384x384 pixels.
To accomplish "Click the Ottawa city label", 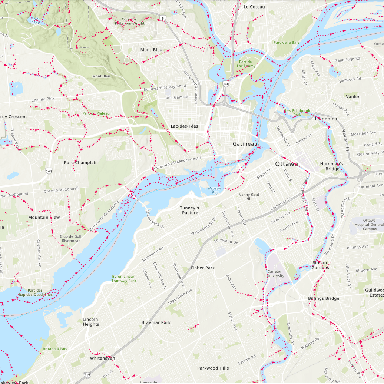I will (286, 164).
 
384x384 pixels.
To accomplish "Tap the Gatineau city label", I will (245, 143).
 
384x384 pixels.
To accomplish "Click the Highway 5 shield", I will (163, 18).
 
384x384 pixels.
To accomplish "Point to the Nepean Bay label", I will (214, 190).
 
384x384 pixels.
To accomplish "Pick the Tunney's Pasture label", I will (190, 211).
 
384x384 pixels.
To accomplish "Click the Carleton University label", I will (275, 274).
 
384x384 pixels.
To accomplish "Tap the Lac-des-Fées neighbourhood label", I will (184, 126).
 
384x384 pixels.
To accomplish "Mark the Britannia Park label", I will (55, 349).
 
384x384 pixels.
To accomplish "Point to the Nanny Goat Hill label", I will (249, 196).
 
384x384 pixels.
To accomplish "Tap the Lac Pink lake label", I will (35, 21).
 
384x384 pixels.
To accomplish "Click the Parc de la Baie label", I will (286, 42).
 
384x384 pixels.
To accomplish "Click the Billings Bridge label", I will (323, 298).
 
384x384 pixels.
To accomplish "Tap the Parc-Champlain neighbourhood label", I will (81, 163).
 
